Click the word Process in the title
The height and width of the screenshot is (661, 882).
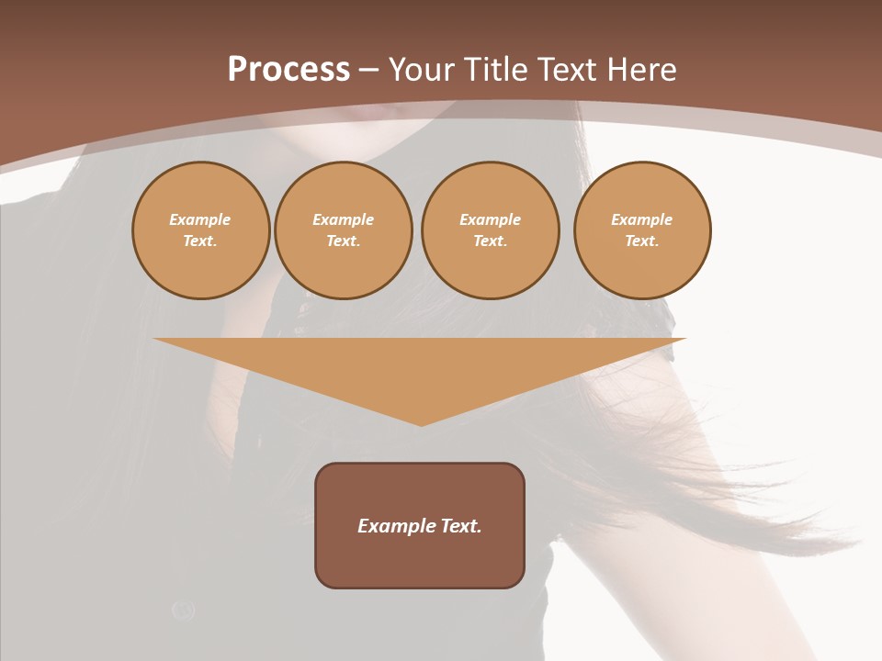pos(288,70)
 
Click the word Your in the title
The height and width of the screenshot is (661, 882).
pos(422,70)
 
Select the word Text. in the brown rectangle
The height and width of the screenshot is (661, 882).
pos(461,526)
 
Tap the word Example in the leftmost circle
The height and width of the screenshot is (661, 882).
pos(200,219)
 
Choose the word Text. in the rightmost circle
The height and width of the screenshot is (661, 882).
pos(642,241)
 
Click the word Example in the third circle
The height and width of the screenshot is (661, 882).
pos(490,219)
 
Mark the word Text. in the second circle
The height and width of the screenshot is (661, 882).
pos(343,241)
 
